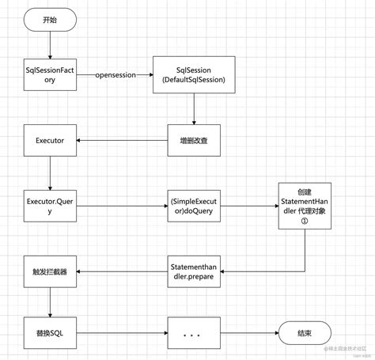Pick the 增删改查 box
point(194,140)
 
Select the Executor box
point(50,140)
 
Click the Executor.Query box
point(50,207)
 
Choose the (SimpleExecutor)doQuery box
point(194,207)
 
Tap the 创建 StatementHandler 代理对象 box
point(305,206)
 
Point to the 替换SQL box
point(50,333)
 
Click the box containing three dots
point(194,333)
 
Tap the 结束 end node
point(305,333)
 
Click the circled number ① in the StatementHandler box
point(305,222)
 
